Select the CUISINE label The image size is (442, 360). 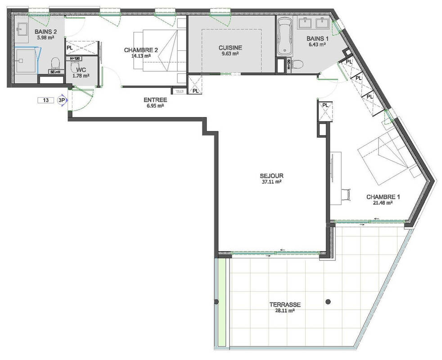tap(230, 48)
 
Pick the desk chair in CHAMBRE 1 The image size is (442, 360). tap(346, 194)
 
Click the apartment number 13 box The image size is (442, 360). tap(46, 100)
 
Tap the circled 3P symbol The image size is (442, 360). tap(62, 100)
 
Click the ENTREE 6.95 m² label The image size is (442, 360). tap(155, 100)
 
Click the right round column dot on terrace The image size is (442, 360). tap(329, 301)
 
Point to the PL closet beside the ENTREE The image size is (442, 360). tap(195, 85)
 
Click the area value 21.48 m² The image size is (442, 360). tap(383, 203)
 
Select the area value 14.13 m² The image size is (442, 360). tap(140, 56)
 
